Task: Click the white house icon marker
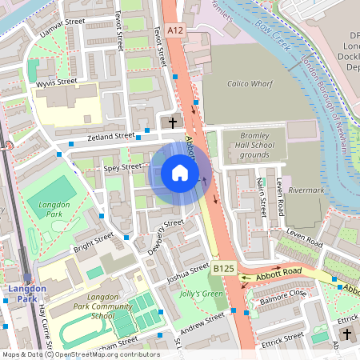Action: tap(180, 173)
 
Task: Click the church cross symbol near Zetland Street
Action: tap(173, 122)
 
